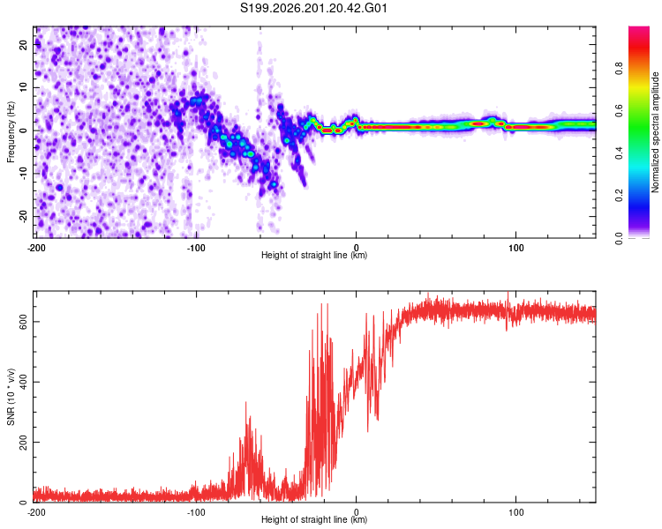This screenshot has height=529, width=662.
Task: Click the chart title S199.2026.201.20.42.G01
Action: pos(313,8)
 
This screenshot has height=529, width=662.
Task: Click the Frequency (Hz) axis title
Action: pos(11,132)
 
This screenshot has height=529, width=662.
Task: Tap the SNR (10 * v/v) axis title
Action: pos(11,397)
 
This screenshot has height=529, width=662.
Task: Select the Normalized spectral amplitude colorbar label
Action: pos(655,132)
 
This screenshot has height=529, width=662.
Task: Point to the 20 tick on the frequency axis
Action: pos(23,44)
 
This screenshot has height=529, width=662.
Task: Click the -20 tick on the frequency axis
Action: pos(23,216)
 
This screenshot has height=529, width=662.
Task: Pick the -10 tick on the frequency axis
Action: pos(23,174)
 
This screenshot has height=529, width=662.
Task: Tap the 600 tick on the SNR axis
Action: pos(23,322)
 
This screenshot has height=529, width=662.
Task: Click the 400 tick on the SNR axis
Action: pos(23,382)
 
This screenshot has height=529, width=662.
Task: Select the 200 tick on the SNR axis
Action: pos(23,442)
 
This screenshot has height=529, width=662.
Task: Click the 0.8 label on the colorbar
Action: pos(619,69)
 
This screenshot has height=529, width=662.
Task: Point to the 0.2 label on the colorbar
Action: pos(619,196)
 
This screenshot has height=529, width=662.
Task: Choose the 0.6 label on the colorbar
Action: pos(619,111)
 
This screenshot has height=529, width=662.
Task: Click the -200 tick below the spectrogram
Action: pos(36,248)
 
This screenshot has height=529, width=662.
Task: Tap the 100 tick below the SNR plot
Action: pos(516,512)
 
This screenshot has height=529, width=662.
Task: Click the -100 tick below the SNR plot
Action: pos(196,512)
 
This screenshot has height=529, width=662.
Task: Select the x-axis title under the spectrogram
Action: pos(314,255)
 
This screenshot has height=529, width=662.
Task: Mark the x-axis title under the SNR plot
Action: pos(314,519)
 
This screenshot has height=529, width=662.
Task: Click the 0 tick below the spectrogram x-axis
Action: pos(357,248)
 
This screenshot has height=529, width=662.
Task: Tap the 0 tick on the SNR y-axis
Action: pos(23,502)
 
